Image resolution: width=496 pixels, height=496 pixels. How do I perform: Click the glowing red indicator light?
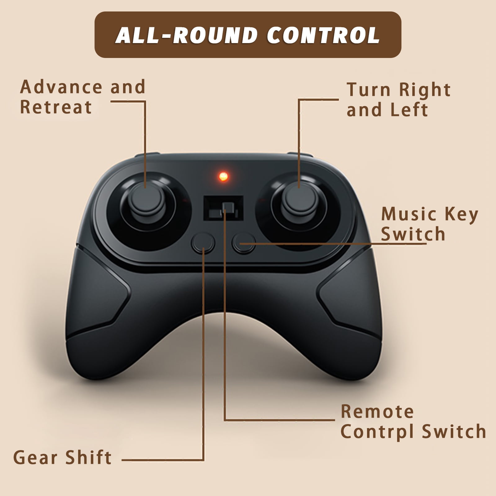223,177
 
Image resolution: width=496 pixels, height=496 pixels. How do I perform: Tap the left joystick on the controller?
148,201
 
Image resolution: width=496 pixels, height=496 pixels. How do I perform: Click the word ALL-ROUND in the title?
186,35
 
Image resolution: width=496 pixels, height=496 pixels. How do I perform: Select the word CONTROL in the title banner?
323,35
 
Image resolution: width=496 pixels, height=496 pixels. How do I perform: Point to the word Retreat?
56,107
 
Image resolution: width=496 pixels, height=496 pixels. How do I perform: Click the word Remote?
377,412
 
